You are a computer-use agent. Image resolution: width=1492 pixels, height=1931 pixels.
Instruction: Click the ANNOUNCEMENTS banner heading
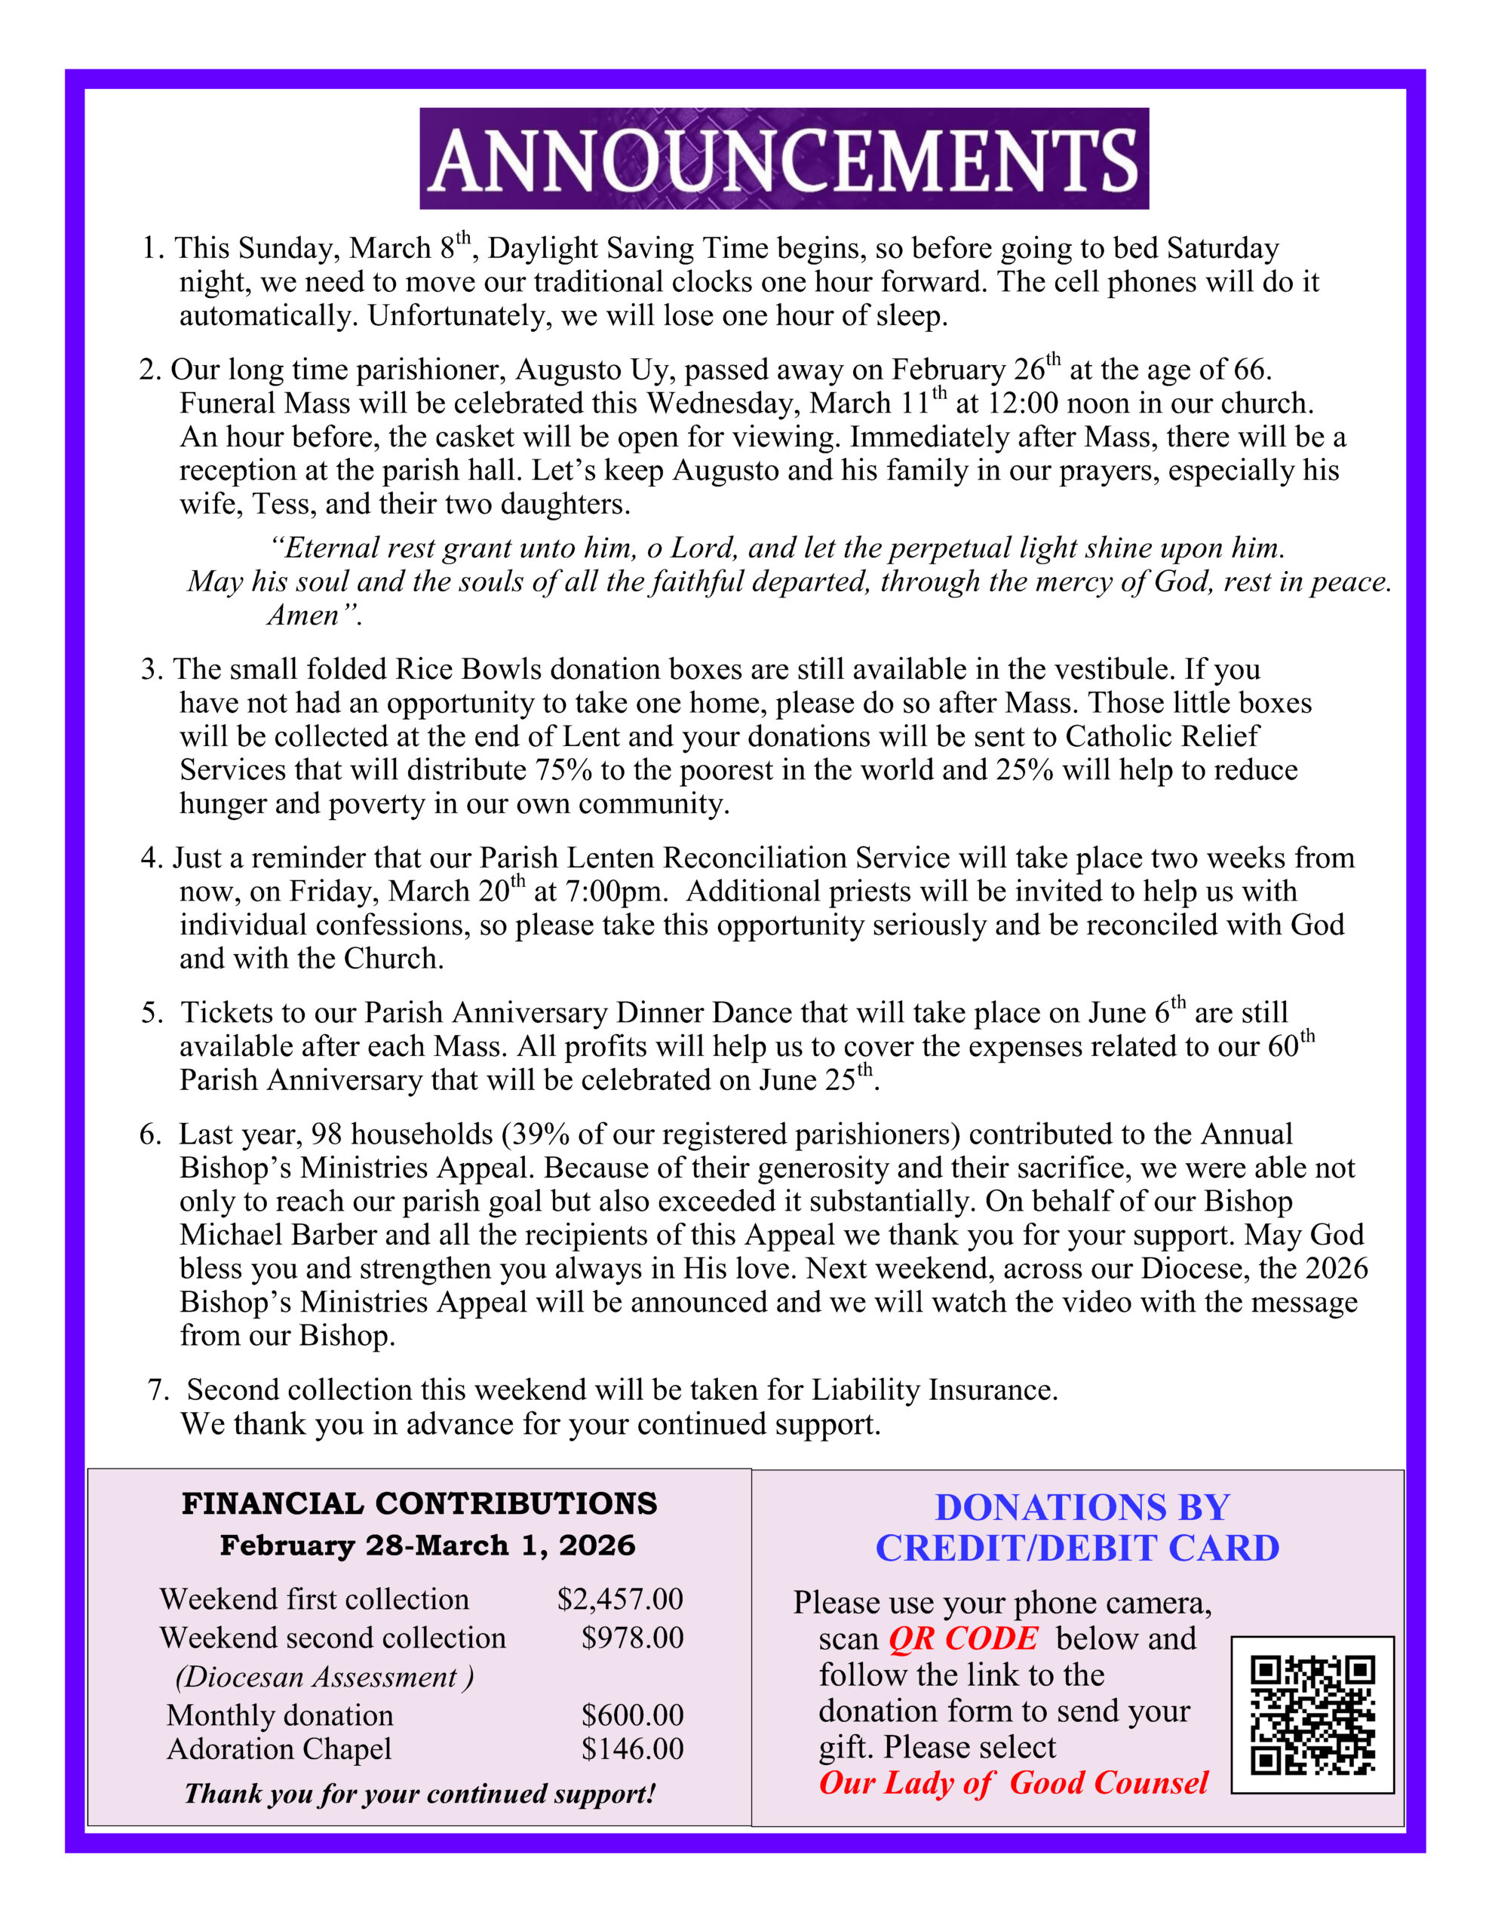pyautogui.click(x=784, y=159)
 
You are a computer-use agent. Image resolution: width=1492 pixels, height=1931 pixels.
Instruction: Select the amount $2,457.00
pyautogui.click(x=620, y=1598)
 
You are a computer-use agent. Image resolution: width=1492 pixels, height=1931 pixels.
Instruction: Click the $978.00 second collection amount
pyautogui.click(x=632, y=1638)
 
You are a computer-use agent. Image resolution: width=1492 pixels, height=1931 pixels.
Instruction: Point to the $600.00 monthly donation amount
pyautogui.click(x=632, y=1715)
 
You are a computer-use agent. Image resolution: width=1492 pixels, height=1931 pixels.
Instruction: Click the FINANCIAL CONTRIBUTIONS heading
pyautogui.click(x=419, y=1503)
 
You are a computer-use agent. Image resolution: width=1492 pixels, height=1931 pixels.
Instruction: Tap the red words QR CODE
pyautogui.click(x=962, y=1638)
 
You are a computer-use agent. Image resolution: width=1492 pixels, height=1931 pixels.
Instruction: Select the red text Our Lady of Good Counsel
pyautogui.click(x=1013, y=1782)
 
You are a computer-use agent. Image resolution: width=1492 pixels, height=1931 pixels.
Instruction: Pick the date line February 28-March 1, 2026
pyautogui.click(x=427, y=1545)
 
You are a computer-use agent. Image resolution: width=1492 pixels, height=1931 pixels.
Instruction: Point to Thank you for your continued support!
pyautogui.click(x=420, y=1793)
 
